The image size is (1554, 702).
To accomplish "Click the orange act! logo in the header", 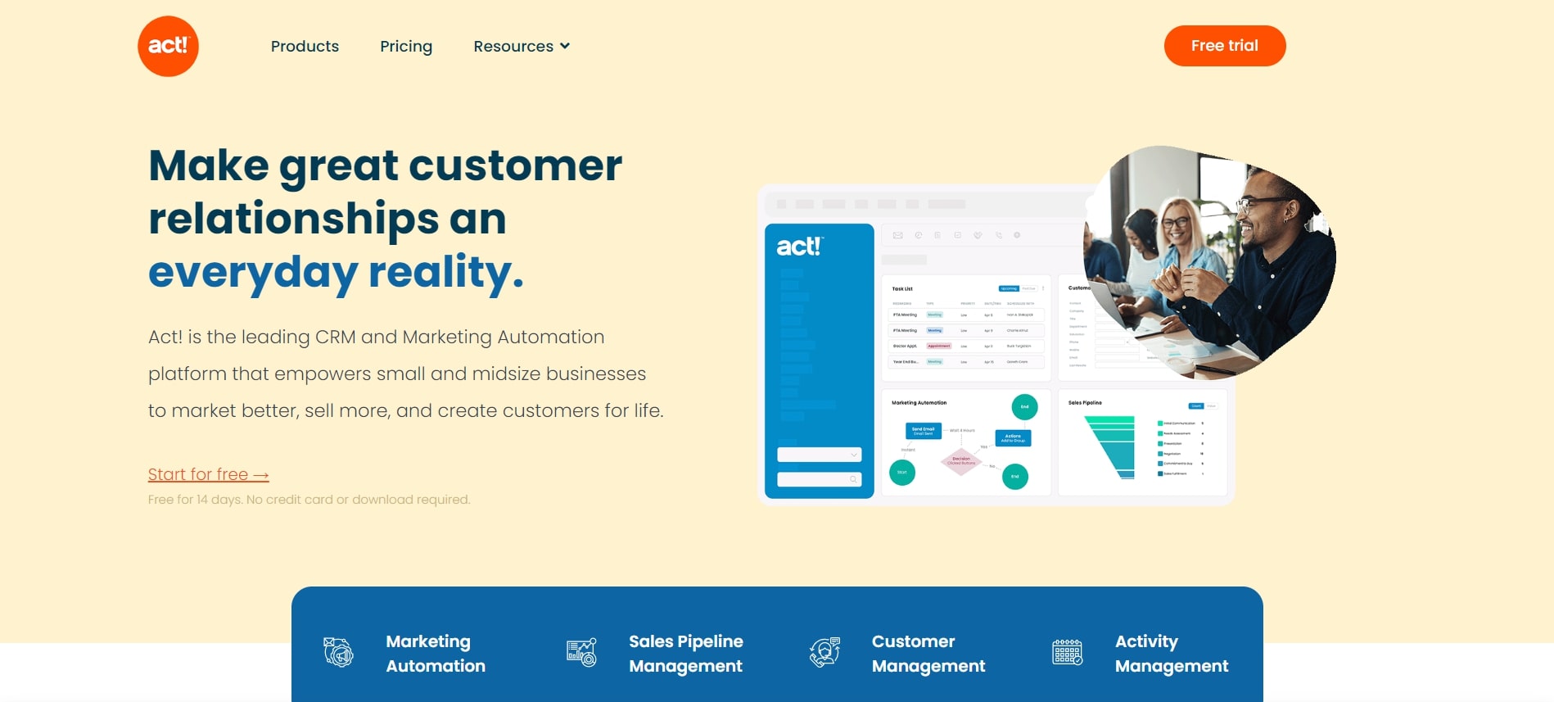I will tap(168, 46).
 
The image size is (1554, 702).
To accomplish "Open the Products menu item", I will tap(305, 47).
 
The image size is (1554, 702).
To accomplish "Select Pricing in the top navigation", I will tap(406, 47).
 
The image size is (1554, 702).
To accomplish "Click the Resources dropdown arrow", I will tap(565, 46).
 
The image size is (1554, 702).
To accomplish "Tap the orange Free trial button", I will tap(1224, 46).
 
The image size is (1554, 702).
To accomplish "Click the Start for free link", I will tap(208, 475).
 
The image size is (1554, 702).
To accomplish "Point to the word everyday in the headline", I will tap(253, 273).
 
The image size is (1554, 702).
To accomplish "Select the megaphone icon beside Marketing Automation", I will tap(338, 653).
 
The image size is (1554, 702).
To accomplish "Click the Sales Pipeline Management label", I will tap(685, 654).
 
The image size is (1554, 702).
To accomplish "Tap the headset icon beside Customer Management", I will tap(824, 653).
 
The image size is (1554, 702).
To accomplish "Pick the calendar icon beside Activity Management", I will tap(1067, 653).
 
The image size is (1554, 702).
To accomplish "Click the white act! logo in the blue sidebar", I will tap(799, 247).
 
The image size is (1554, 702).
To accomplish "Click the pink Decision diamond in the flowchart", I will tap(961, 460).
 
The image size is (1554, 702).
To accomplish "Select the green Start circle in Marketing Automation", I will tap(902, 473).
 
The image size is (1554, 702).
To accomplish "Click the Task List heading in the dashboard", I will tap(902, 289).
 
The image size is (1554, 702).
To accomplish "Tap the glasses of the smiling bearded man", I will tap(1265, 201).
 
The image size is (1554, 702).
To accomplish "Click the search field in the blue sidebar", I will tap(819, 479).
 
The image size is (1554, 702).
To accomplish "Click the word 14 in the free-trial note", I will tap(202, 500).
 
